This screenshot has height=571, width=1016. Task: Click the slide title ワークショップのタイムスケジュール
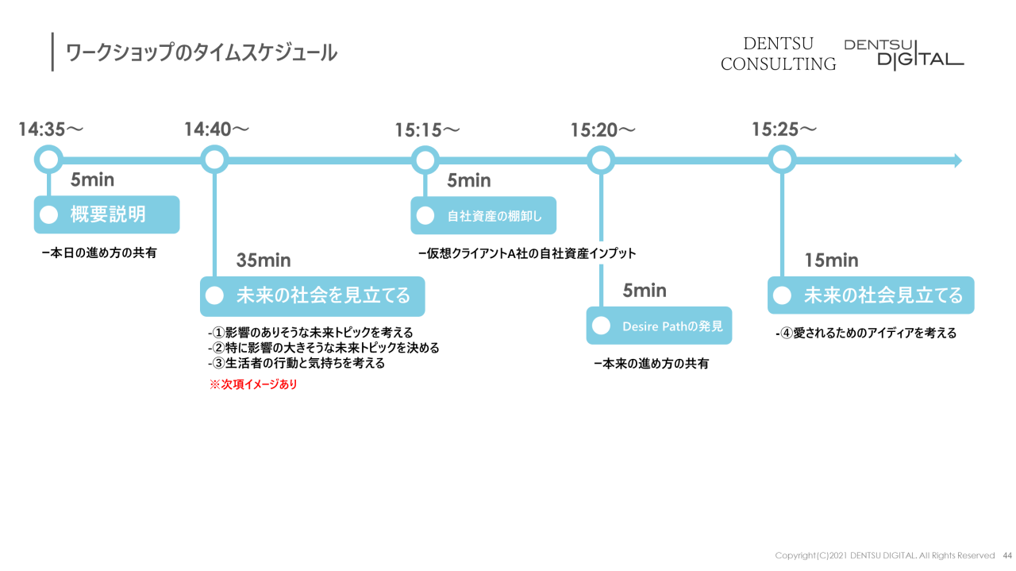tap(202, 53)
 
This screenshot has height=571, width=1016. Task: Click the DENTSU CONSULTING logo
tap(778, 54)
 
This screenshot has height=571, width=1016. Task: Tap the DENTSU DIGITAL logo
tap(903, 54)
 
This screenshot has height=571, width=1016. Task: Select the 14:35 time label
tap(51, 129)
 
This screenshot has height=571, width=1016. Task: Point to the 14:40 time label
tap(216, 129)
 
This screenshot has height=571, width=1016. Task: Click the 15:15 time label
tap(427, 130)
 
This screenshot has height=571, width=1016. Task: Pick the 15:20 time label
tap(602, 130)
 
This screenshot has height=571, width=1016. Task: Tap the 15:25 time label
tap(784, 129)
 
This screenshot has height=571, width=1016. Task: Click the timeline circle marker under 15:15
tap(425, 160)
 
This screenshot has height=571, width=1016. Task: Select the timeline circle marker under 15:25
tap(783, 160)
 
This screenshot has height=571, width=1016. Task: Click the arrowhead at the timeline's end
tap(957, 160)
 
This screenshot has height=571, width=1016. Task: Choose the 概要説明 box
tap(106, 214)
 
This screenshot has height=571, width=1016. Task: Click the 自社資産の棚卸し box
tap(483, 215)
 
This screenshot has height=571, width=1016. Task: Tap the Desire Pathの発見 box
tap(659, 326)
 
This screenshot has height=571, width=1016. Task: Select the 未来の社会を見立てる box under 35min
tap(312, 296)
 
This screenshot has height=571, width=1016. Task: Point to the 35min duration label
tap(264, 260)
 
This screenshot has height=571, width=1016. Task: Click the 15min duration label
tap(831, 260)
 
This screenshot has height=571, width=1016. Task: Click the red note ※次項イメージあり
tap(252, 385)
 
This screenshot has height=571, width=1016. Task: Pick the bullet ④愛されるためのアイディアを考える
tap(866, 334)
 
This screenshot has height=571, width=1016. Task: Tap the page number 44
tap(1007, 555)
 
